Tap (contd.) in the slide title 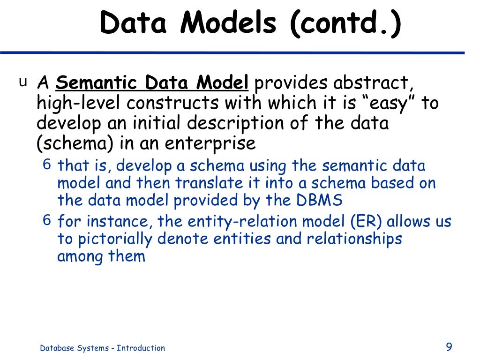(345, 24)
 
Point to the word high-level (77, 104)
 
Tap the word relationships (354, 239)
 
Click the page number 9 (449, 347)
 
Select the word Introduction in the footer (141, 348)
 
